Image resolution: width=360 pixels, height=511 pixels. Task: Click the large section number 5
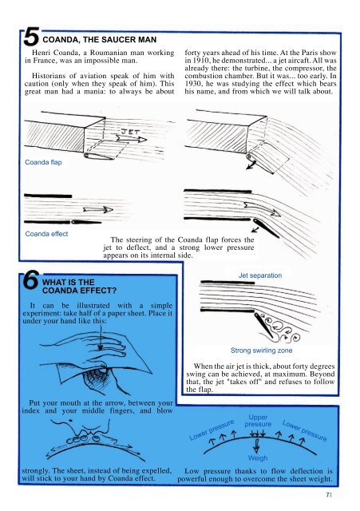tap(32, 37)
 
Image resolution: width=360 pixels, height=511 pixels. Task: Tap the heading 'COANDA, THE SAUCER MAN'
tap(99, 40)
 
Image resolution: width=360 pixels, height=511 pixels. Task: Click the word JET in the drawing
tap(130, 131)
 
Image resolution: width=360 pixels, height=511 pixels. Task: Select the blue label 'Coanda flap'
tap(43, 162)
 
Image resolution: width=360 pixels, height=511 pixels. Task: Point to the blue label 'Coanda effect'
tap(46, 234)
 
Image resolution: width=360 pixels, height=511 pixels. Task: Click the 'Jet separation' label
tap(260, 275)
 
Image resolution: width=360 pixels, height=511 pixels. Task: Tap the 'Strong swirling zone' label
tap(261, 351)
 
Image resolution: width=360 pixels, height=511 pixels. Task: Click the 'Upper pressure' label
tap(258, 421)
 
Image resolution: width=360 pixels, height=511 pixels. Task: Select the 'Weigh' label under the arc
tap(258, 458)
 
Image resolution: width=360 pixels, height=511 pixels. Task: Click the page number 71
tap(329, 495)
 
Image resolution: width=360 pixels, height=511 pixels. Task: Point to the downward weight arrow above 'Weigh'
tap(257, 446)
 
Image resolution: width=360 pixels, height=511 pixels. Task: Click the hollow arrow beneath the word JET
tap(131, 139)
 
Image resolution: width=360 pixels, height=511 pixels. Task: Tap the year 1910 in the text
tap(200, 61)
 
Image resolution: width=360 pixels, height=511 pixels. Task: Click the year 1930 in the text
tap(192, 84)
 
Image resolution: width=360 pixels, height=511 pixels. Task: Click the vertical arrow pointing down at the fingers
tap(101, 337)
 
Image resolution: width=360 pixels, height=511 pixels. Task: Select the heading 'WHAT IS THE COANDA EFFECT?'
tap(79, 286)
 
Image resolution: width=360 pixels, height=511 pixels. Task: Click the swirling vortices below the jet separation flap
tap(282, 330)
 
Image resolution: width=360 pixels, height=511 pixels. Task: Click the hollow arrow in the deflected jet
tap(263, 209)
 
